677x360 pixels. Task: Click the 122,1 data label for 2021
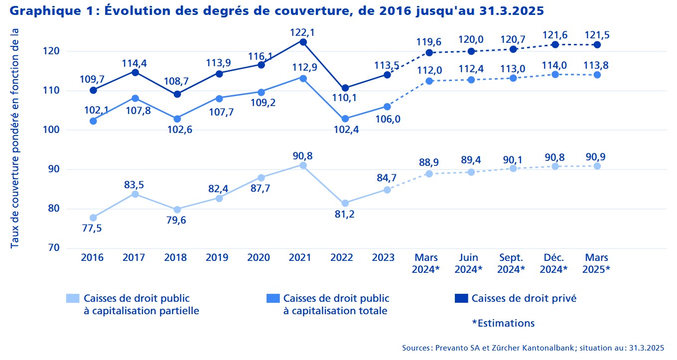(303, 32)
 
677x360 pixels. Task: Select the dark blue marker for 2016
(93, 90)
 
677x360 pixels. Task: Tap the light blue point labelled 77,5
(93, 218)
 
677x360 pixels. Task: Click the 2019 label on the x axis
(217, 258)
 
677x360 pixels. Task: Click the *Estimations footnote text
(503, 323)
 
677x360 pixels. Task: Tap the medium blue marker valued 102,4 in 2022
(345, 119)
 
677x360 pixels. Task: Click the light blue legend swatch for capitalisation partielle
(73, 298)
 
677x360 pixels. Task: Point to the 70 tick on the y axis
(54, 248)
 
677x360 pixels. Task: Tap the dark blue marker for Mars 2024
(429, 52)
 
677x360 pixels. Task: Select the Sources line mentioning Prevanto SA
(533, 348)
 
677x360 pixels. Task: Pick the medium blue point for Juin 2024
(471, 80)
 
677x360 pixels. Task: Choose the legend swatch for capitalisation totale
(273, 298)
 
